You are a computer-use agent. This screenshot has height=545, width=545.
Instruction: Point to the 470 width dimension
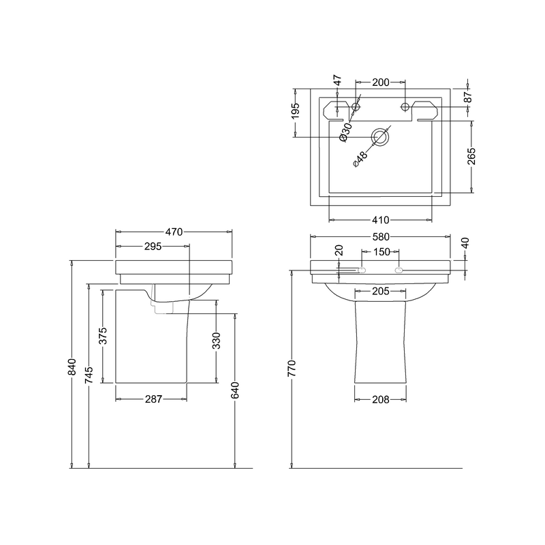pyautogui.click(x=174, y=232)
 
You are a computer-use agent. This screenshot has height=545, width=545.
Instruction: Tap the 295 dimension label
pyautogui.click(x=153, y=247)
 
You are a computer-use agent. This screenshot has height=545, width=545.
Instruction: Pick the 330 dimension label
pyautogui.click(x=217, y=341)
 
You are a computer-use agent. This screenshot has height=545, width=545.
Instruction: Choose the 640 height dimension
pyautogui.click(x=235, y=390)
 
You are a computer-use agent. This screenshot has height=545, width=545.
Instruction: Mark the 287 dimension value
pyautogui.click(x=153, y=399)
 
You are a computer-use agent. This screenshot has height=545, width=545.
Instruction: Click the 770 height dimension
pyautogui.click(x=292, y=369)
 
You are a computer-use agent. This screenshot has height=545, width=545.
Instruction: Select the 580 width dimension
pyautogui.click(x=381, y=237)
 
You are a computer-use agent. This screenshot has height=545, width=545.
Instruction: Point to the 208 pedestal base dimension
pyautogui.click(x=381, y=399)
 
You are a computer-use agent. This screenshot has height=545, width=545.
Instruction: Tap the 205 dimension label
pyautogui.click(x=381, y=291)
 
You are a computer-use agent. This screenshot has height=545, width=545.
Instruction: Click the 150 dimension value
pyautogui.click(x=381, y=252)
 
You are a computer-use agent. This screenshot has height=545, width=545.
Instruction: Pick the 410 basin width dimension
pyautogui.click(x=381, y=220)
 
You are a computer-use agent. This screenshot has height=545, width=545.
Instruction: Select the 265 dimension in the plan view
pyautogui.click(x=471, y=156)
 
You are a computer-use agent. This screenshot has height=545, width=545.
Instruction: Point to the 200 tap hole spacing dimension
pyautogui.click(x=381, y=82)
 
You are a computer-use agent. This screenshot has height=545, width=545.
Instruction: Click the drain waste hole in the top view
pyautogui.click(x=380, y=138)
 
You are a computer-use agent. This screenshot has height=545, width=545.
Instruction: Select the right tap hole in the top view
pyautogui.click(x=406, y=106)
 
